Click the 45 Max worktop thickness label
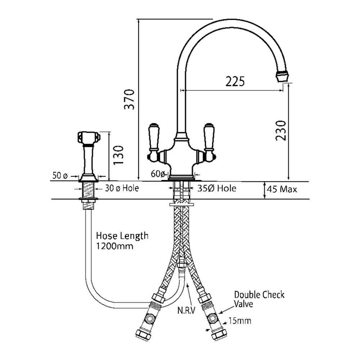coord(282,189)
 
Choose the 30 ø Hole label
coord(122,188)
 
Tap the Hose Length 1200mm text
coord(122,241)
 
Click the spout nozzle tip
coord(283,76)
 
